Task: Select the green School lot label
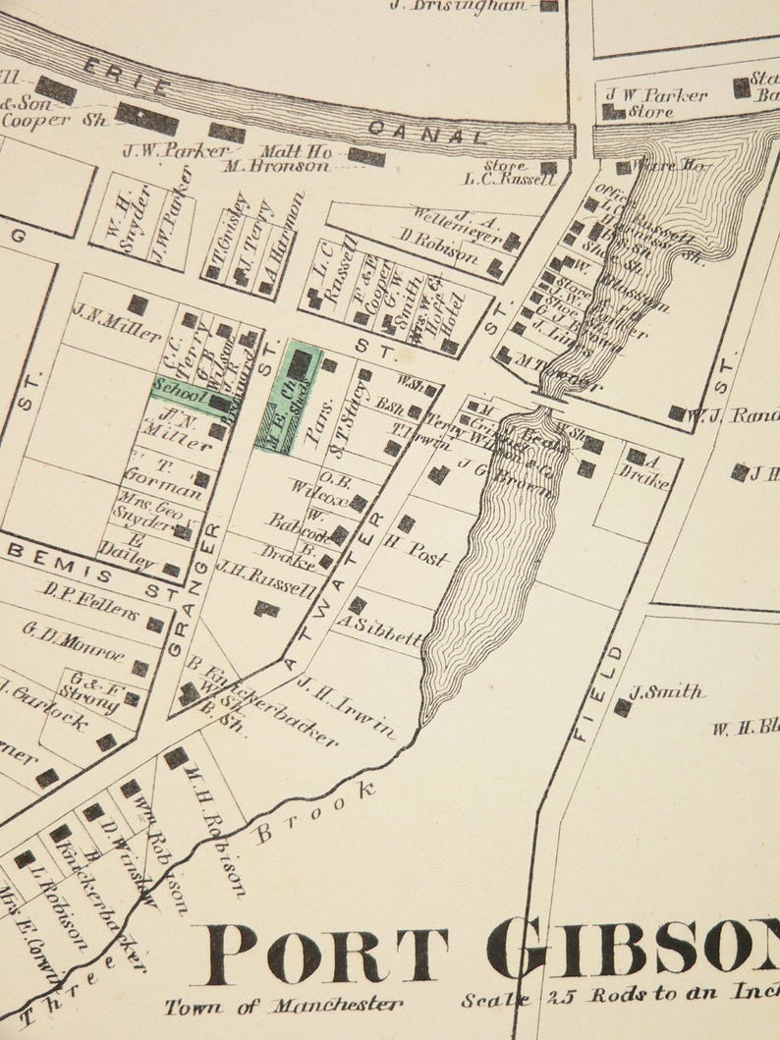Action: click(179, 390)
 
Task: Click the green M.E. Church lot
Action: click(290, 398)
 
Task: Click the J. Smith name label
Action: click(667, 693)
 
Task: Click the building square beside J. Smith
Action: click(622, 707)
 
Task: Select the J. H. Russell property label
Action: click(266, 579)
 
